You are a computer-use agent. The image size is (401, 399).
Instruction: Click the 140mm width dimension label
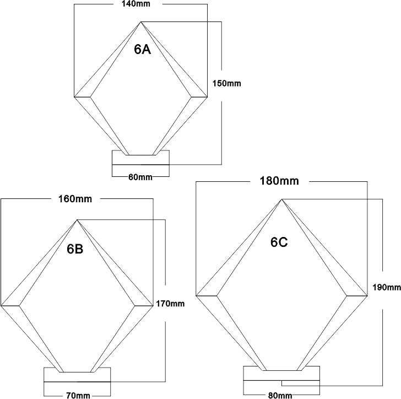click(136, 4)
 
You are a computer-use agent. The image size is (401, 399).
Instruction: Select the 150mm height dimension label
click(226, 83)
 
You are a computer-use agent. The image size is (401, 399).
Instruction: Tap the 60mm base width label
click(140, 177)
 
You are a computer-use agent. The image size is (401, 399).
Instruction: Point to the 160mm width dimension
click(75, 199)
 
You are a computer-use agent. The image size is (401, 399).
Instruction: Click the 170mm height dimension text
click(170, 304)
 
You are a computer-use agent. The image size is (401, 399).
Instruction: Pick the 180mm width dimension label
click(279, 181)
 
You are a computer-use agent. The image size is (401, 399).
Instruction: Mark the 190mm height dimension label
click(387, 288)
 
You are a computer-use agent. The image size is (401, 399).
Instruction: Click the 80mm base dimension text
click(280, 395)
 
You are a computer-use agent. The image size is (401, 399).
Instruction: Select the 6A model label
click(143, 49)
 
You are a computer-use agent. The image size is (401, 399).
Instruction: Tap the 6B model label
click(75, 249)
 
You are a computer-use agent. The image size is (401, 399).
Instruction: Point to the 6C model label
click(279, 242)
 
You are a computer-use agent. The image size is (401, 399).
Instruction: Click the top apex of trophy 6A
click(140, 22)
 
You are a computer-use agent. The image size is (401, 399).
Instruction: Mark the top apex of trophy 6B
click(77, 220)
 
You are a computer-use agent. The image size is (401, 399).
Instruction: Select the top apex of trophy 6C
click(281, 199)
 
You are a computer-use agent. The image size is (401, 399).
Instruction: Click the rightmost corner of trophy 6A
click(207, 97)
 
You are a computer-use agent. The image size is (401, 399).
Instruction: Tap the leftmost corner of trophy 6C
click(196, 296)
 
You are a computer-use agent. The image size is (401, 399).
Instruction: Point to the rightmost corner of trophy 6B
click(153, 305)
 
